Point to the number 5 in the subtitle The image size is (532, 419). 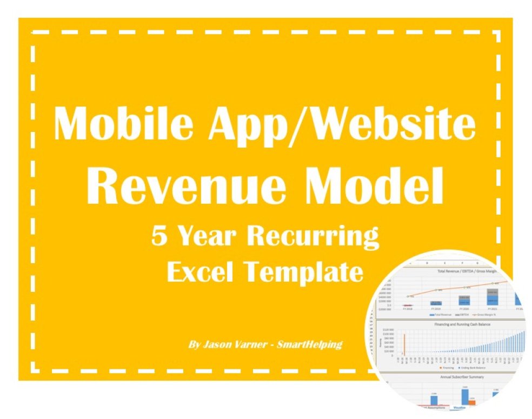tap(159, 237)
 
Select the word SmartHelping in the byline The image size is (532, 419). tap(309, 344)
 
